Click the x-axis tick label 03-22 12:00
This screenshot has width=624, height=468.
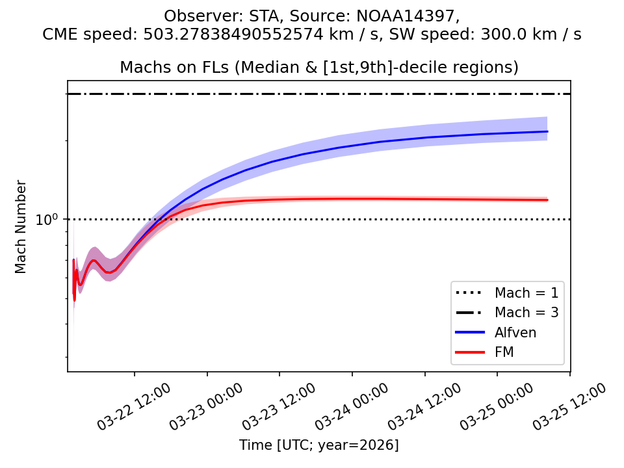135,407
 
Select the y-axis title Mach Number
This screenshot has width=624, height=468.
21,226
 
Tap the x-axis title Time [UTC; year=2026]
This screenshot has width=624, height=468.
318,445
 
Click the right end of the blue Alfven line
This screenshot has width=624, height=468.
547,131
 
